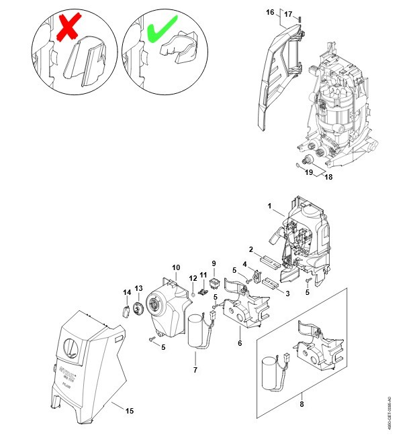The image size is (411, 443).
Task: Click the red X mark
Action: pos(68,28)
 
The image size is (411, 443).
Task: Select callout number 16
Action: pos(270,13)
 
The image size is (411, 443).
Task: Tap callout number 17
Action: pos(288,14)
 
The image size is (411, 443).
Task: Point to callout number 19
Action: pos(309,172)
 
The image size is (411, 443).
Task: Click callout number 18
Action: pos(328,177)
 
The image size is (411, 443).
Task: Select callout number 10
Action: pos(176,267)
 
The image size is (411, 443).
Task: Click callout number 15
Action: pos(130,411)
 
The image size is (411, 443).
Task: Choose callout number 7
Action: pos(195,369)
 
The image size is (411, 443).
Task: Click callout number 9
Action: pos(214,263)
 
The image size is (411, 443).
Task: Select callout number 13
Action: pos(139,288)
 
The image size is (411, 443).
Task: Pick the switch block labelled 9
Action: pos(215,284)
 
